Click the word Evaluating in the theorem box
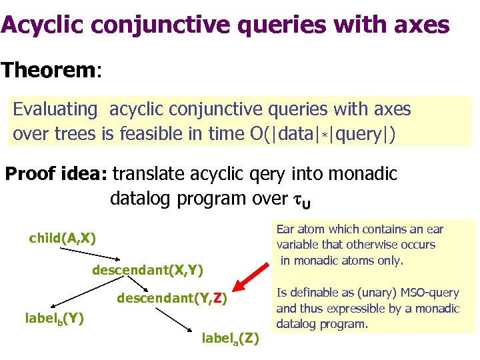(55, 109)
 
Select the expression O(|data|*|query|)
(329, 134)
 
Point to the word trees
(73, 134)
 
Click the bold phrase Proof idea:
(57, 175)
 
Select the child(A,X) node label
(63, 238)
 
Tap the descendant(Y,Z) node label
(173, 299)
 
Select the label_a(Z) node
(231, 338)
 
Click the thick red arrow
(256, 279)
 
